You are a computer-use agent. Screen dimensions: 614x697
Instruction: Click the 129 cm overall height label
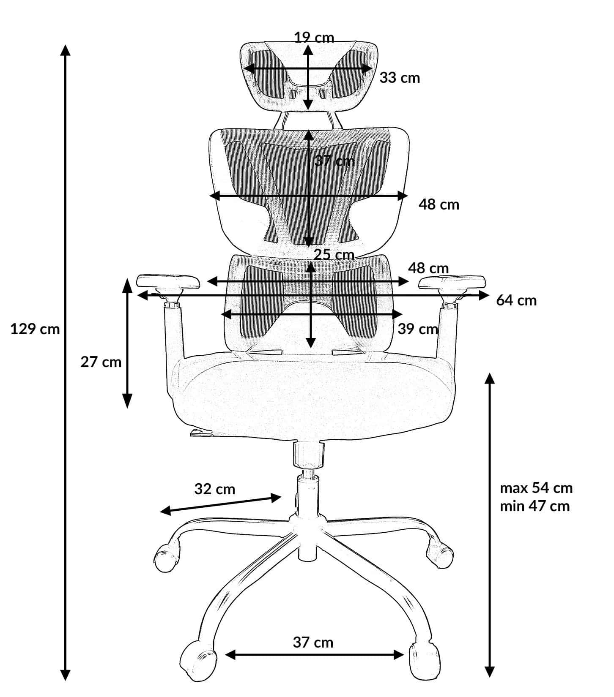[35, 329]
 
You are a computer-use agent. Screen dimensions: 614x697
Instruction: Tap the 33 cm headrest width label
[400, 78]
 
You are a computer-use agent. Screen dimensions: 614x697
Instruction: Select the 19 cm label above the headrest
[314, 38]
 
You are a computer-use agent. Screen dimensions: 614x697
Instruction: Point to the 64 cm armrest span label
[516, 300]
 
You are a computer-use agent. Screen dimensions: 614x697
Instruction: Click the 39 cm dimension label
[418, 329]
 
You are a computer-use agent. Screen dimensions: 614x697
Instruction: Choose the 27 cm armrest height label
[101, 362]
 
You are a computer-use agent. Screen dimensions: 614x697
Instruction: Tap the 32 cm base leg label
[215, 489]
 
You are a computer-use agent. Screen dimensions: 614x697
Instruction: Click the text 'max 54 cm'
[536, 488]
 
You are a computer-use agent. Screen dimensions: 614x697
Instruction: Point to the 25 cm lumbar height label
[334, 255]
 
